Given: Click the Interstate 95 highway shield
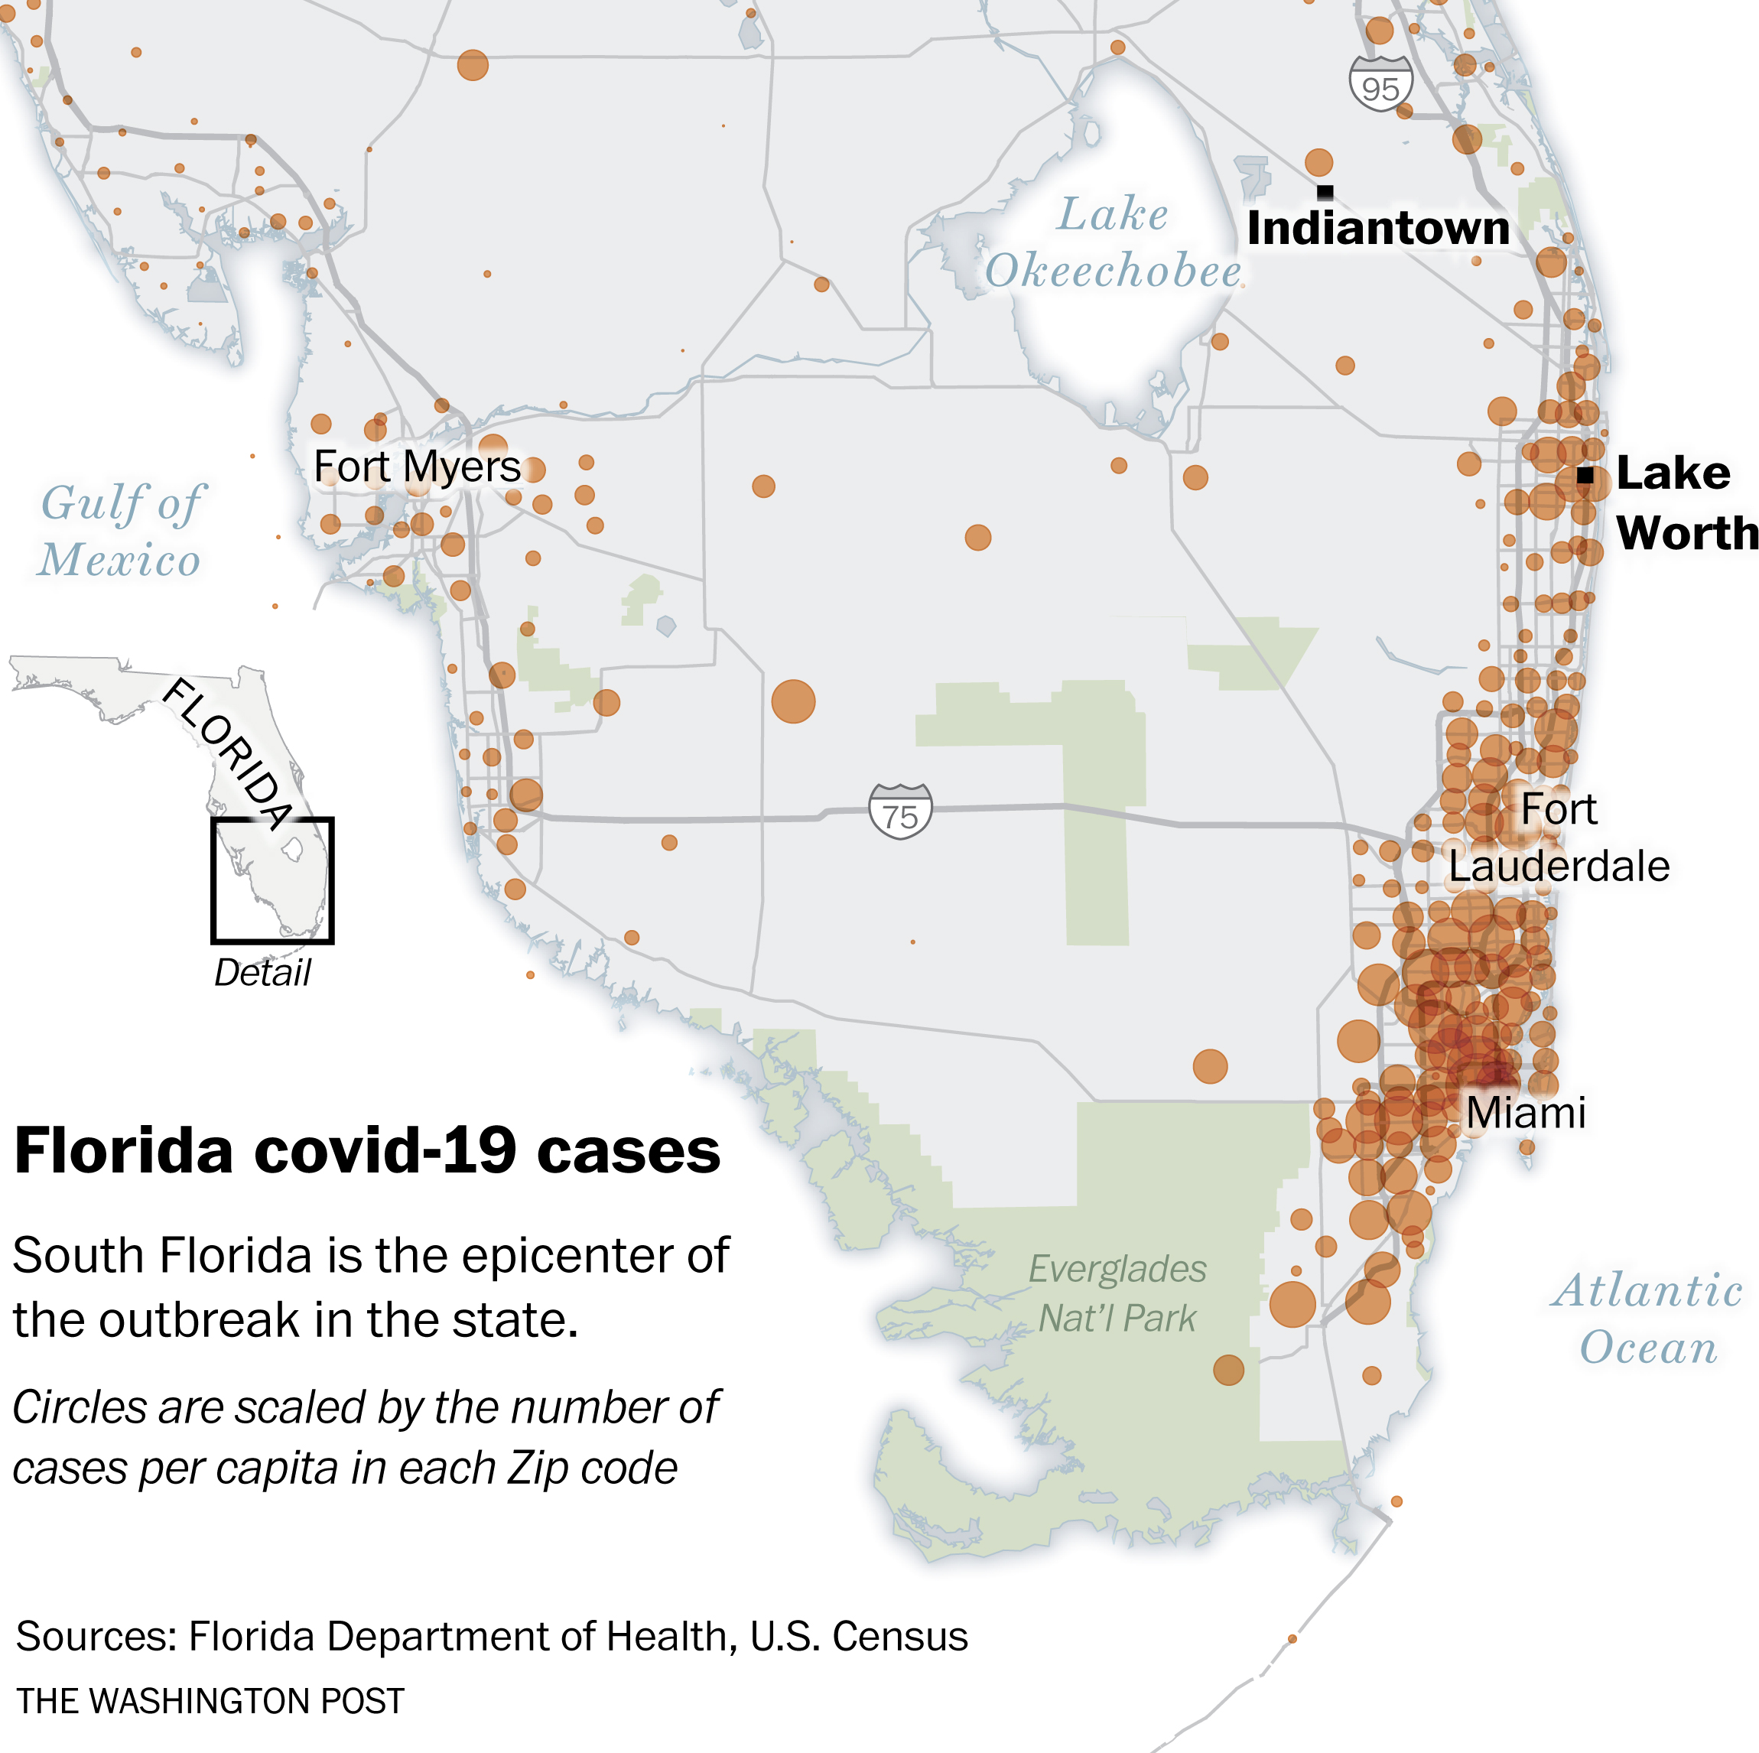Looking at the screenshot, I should point(1380,85).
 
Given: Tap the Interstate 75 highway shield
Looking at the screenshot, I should point(899,811).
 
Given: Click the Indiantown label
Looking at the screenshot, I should point(1377,228).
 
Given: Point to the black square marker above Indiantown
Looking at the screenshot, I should point(1325,192).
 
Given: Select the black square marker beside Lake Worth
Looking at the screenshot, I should point(1585,474).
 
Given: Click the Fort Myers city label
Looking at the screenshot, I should point(417,467).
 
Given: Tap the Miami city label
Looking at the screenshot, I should point(1526,1112).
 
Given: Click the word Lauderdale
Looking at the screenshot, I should point(1559,866).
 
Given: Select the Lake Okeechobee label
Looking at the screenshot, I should point(1113,243).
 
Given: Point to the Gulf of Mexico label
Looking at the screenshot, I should point(120,531).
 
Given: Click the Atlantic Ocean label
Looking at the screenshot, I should point(1647,1319).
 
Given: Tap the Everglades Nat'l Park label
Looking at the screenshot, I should point(1117,1293).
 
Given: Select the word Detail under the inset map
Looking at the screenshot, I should point(262,973).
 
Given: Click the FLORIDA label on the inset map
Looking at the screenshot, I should point(229,754).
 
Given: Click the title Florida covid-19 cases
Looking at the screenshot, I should point(367,1151).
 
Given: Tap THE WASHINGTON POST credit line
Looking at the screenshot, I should point(210,1701).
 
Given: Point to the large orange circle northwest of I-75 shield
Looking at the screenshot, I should point(793,701).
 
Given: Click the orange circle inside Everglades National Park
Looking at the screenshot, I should point(1228,1370).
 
